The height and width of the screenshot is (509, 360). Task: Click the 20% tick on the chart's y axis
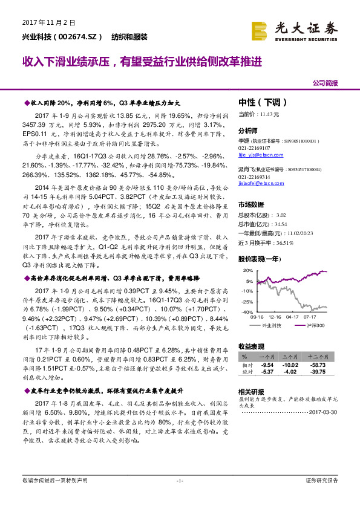[249, 265]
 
